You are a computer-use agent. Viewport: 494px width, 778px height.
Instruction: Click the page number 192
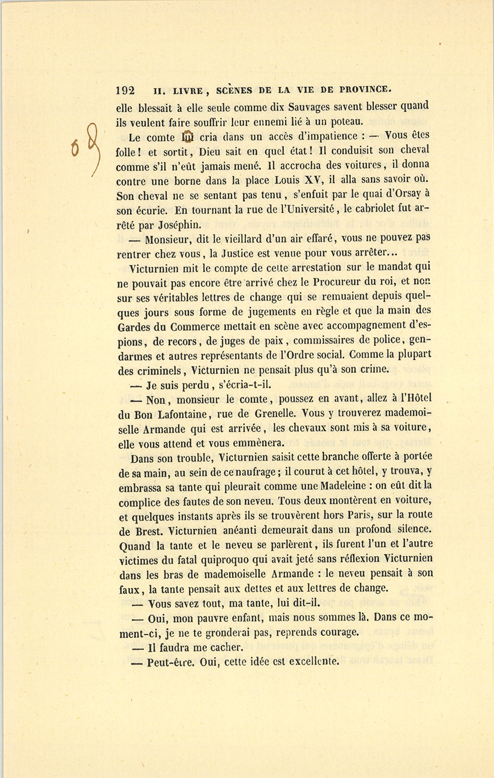126,91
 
